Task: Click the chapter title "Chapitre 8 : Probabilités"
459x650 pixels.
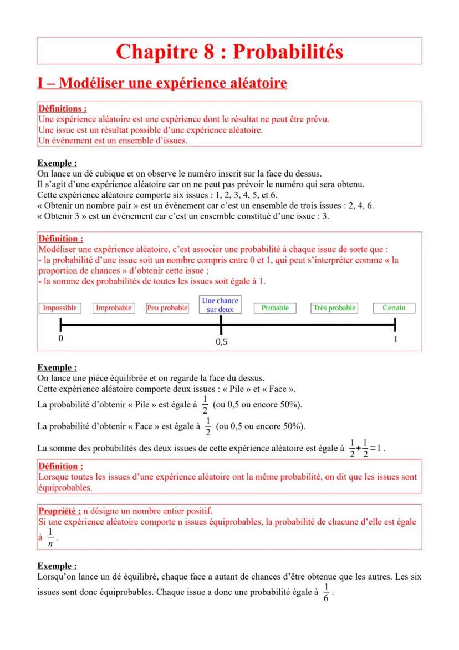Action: [x=229, y=51]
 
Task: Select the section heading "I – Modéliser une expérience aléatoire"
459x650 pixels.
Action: [x=162, y=84]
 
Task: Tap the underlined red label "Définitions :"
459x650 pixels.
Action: [x=62, y=109]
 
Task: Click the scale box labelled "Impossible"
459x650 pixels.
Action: [x=60, y=308]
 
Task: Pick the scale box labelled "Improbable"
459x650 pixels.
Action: [x=114, y=308]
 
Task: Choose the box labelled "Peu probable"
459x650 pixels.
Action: [x=167, y=308]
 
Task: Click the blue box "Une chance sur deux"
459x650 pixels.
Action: [x=220, y=305]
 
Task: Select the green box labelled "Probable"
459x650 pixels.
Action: [x=275, y=308]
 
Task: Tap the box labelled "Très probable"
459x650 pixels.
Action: [x=334, y=308]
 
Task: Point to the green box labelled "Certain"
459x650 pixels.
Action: [x=394, y=308]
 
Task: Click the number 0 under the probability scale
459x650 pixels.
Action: [x=60, y=339]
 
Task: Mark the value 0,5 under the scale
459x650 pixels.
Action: [x=221, y=342]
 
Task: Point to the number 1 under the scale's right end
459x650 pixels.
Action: [x=395, y=339]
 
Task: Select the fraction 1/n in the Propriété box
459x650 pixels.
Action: [x=50, y=536]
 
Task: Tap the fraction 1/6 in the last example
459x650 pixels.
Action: [x=327, y=592]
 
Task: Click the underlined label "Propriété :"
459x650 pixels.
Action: [x=59, y=511]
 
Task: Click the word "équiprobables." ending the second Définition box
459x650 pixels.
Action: [x=65, y=487]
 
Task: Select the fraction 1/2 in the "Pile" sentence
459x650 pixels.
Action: [x=205, y=405]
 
